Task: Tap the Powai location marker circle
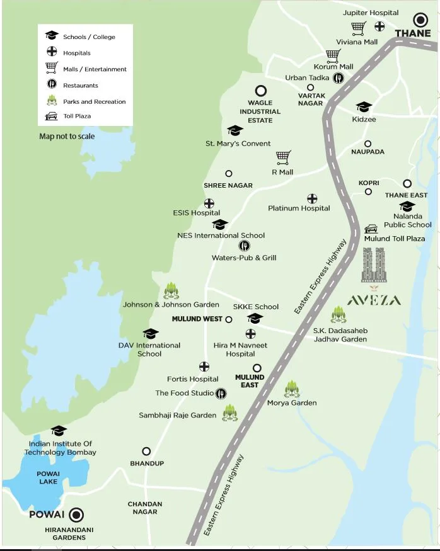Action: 77,514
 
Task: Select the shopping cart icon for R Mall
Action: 283,157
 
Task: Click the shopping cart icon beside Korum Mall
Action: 333,55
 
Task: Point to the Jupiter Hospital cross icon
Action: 379,26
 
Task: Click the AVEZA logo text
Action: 374,300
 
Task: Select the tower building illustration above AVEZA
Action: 373,265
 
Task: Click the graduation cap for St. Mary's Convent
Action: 234,130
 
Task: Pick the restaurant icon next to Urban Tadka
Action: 339,78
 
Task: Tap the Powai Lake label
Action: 48,477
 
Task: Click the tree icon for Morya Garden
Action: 291,389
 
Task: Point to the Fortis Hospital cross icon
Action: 204,366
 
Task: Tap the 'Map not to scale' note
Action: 67,136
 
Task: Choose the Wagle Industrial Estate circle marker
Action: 260,91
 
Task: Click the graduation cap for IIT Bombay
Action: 59,431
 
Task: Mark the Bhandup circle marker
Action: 146,452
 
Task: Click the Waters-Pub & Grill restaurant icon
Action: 244,246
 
